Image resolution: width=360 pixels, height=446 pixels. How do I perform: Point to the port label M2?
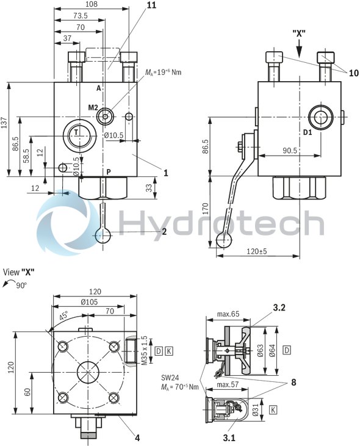pyautogui.click(x=93, y=107)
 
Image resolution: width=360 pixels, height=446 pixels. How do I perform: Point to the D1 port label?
pyautogui.click(x=308, y=131)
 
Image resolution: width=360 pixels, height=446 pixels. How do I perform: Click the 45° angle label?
pyautogui.click(x=64, y=317)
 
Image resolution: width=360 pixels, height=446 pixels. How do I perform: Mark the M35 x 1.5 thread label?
pyautogui.click(x=144, y=350)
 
